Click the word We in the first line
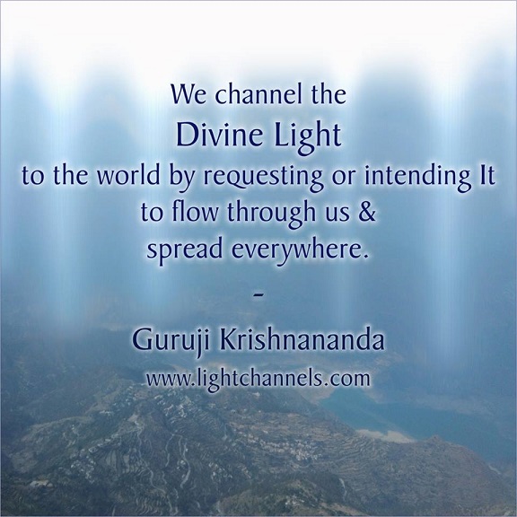pyautogui.click(x=184, y=95)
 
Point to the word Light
pyautogui.click(x=308, y=136)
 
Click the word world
pyautogui.click(x=128, y=175)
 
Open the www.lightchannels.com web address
pyautogui.click(x=258, y=380)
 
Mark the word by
pyautogui.click(x=181, y=177)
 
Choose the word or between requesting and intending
pyautogui.click(x=344, y=178)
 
